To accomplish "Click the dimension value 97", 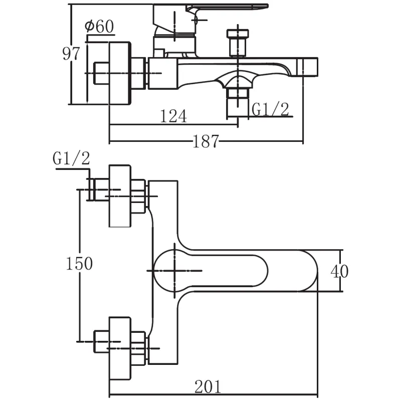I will pos(71,53).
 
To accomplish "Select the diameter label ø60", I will pos(99,27).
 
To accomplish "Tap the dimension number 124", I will pos(173,116).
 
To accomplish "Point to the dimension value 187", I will pos(206,142).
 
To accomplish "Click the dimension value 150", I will pos(79,263).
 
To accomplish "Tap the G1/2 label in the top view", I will pos(71,159).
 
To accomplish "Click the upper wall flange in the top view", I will pos(120,195).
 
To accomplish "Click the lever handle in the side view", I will pos(226,9).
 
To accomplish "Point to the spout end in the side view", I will pos(310,67).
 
